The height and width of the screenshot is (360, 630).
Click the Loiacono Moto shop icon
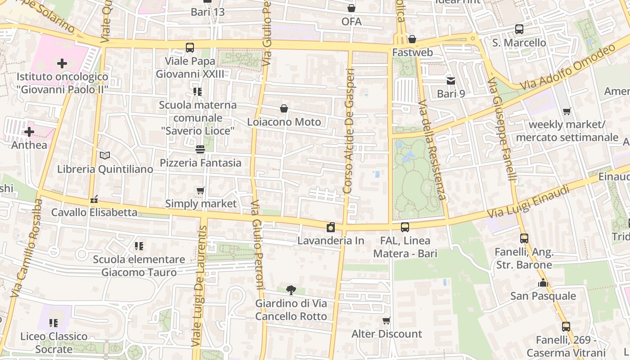click(284, 108)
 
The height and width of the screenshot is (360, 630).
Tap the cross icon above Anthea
click(29, 132)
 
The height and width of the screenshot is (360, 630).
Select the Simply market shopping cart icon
click(201, 191)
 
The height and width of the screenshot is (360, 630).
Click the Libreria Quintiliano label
click(105, 169)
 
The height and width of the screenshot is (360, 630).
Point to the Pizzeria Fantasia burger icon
click(200, 149)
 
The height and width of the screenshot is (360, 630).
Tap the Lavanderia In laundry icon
click(331, 227)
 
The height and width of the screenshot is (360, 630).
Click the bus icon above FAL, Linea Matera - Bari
click(405, 227)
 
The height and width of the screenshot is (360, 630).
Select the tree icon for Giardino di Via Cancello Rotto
click(291, 290)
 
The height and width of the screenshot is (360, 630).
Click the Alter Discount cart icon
click(386, 321)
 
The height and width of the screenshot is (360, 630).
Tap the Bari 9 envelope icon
click(450, 81)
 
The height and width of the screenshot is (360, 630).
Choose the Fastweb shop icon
click(412, 40)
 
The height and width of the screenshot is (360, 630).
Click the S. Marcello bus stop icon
click(519, 29)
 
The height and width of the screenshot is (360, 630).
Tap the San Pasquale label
click(543, 296)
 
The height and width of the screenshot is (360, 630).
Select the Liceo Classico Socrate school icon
click(54, 323)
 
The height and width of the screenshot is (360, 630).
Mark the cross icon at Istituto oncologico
click(62, 63)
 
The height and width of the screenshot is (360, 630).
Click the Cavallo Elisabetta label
click(94, 212)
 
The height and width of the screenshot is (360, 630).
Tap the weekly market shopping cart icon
click(567, 111)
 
